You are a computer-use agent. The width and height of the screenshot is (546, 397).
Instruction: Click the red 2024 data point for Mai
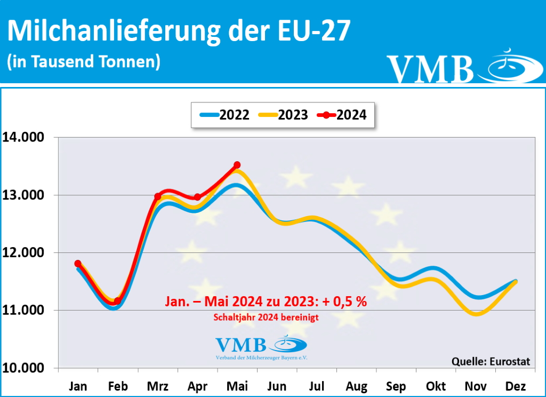[237, 165]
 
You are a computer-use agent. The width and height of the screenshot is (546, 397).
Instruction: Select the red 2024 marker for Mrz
[158, 196]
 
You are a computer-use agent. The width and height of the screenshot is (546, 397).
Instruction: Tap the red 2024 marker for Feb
[117, 301]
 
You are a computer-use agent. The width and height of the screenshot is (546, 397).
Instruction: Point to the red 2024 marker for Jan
[78, 264]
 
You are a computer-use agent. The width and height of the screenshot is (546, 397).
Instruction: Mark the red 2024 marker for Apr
[198, 197]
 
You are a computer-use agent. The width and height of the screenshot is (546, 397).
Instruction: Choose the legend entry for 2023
[283, 115]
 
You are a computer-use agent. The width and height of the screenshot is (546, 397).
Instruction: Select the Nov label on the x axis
[476, 386]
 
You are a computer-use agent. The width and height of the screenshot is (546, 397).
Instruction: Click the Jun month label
[277, 386]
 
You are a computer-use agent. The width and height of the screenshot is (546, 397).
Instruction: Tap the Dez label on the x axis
[516, 386]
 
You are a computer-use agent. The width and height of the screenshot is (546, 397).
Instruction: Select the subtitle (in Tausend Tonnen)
[84, 61]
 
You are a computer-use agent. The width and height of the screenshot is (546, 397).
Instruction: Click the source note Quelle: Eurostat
[491, 361]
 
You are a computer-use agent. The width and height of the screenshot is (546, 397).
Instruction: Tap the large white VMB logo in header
[430, 68]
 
